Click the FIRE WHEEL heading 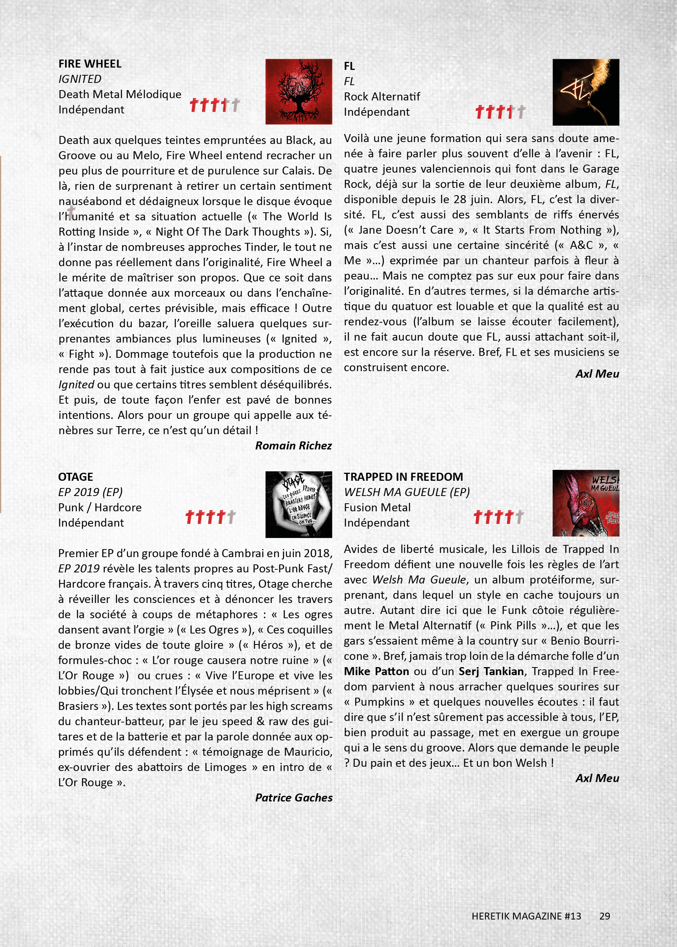click(x=90, y=64)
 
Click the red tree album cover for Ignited click(x=298, y=91)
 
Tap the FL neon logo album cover click(x=585, y=92)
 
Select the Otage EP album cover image click(x=298, y=504)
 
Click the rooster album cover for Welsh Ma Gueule click(x=585, y=503)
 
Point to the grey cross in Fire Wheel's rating click(x=235, y=105)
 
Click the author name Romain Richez click(x=293, y=445)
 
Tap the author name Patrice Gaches click(x=293, y=797)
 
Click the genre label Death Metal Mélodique click(x=120, y=94)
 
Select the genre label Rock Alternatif click(x=381, y=97)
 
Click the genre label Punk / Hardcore click(x=100, y=507)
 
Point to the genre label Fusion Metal click(x=377, y=507)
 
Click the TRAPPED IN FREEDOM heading click(x=403, y=477)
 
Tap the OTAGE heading click(x=75, y=477)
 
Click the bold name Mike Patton click(x=376, y=671)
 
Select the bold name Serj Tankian click(x=491, y=671)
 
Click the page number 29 click(x=604, y=916)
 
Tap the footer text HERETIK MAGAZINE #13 click(x=526, y=916)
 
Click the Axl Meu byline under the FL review click(x=597, y=374)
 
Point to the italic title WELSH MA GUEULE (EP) click(x=407, y=492)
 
